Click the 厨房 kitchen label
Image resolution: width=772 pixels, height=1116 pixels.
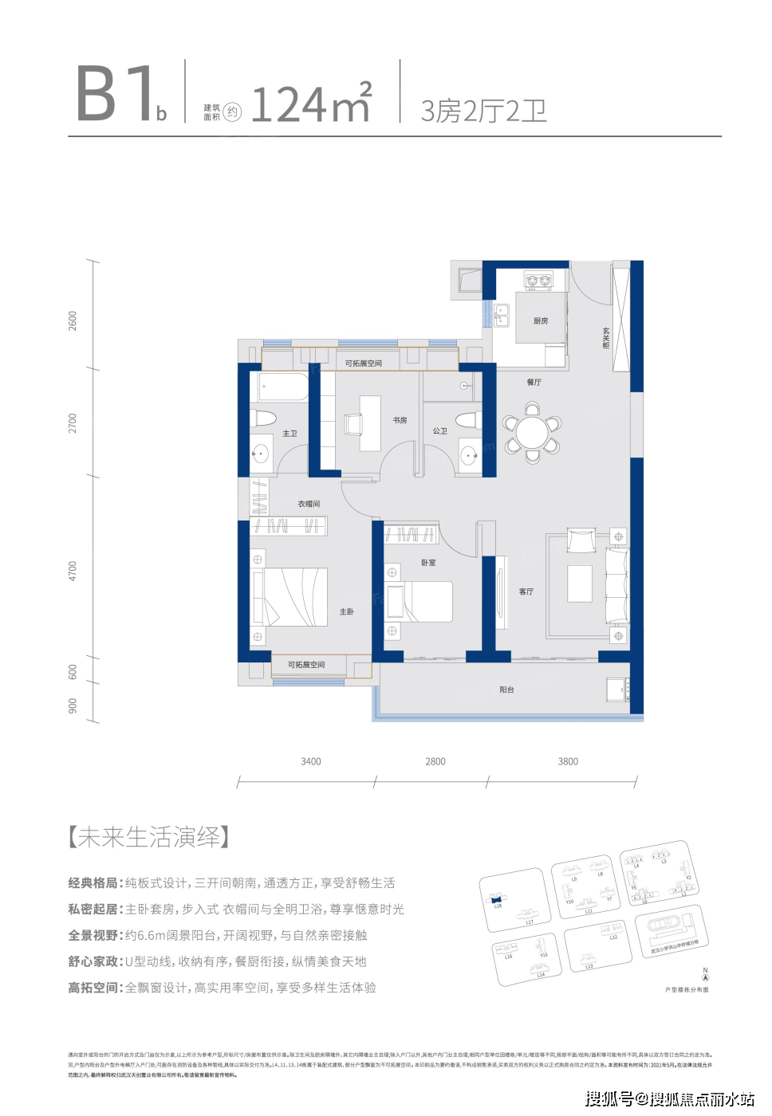(x=541, y=321)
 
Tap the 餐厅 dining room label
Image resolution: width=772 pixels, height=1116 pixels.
(x=534, y=383)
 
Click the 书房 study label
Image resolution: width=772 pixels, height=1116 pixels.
(x=400, y=420)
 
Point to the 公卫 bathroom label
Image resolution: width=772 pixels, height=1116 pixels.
(x=440, y=431)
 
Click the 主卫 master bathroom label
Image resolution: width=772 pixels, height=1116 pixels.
(x=289, y=434)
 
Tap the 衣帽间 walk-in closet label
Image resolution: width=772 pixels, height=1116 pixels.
(x=309, y=504)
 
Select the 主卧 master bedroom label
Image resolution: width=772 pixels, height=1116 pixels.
(x=346, y=612)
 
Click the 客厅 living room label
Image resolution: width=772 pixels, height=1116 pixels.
(x=526, y=591)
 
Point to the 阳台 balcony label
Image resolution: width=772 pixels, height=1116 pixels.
(x=506, y=690)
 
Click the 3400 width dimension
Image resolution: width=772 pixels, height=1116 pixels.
(x=311, y=762)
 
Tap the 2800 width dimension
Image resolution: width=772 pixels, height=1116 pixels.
(x=435, y=762)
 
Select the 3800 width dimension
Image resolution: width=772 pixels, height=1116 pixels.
(x=568, y=762)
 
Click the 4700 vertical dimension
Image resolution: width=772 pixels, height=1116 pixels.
(x=73, y=571)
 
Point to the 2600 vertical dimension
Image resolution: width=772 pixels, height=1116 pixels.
(x=73, y=321)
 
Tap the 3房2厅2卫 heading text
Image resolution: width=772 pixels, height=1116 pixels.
(x=483, y=111)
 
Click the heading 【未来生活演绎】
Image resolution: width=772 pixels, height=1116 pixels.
(x=149, y=838)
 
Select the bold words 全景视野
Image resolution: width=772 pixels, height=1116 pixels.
(x=93, y=936)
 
